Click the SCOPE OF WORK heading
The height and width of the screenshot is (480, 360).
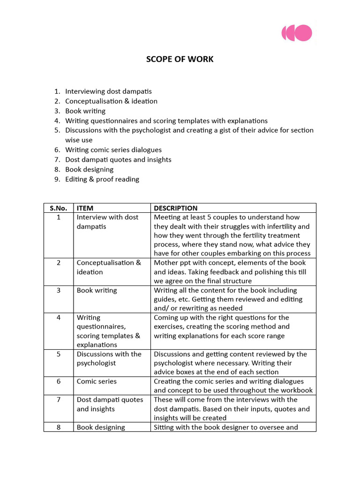180,59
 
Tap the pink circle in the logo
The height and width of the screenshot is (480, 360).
304,33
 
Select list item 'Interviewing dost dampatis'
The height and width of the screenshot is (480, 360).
108,91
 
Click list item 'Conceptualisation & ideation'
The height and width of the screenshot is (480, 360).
111,101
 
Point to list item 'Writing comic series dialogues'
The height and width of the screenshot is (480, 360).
113,150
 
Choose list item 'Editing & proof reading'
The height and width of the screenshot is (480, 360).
102,179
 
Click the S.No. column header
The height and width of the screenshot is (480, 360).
59,208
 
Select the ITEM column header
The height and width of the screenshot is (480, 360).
85,208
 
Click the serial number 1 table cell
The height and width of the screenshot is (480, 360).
59,217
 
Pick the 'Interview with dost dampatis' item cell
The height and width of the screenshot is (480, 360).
107,222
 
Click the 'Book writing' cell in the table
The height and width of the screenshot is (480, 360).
91,290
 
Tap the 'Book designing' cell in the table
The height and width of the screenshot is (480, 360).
101,427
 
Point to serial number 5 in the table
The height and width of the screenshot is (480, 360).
59,354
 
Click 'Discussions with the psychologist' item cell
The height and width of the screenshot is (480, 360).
109,359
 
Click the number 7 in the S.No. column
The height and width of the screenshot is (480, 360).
59,400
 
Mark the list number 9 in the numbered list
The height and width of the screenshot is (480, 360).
57,179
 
